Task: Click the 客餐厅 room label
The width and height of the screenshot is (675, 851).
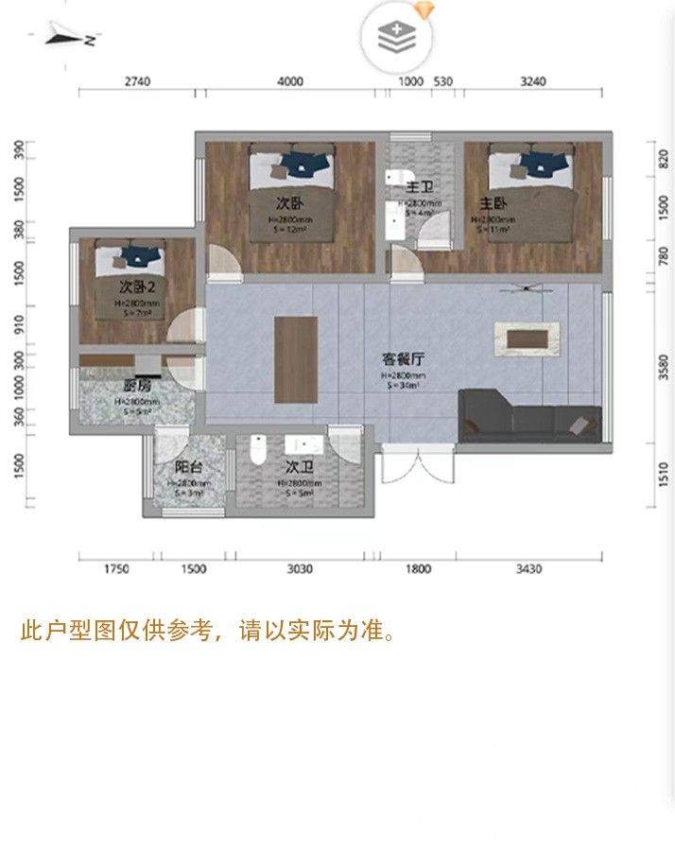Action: (403, 359)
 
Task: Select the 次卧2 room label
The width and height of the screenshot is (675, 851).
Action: (137, 286)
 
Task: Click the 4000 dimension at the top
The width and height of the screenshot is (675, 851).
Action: (291, 81)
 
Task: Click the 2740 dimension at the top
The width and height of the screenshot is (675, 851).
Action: (137, 81)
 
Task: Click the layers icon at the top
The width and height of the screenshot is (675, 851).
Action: (395, 38)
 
